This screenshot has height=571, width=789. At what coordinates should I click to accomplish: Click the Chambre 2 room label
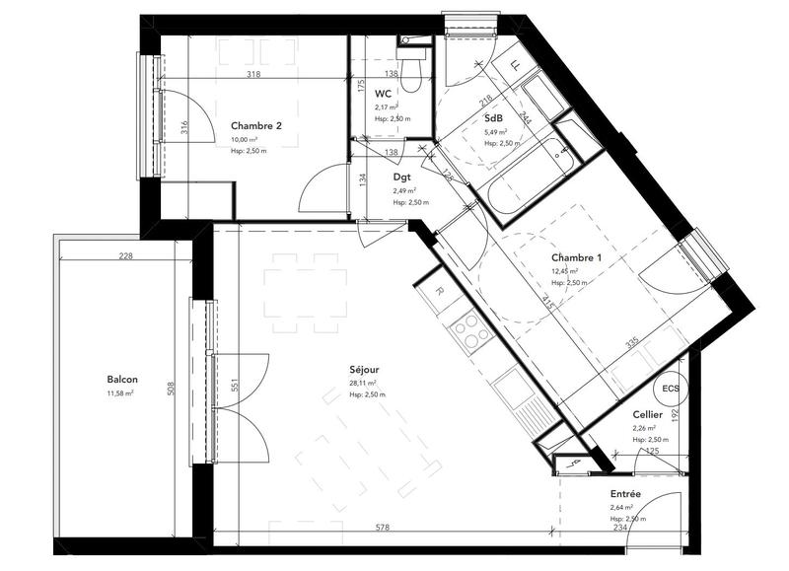(256, 125)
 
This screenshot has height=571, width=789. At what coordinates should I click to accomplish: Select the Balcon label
(122, 380)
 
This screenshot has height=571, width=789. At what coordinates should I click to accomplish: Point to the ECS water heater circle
(671, 389)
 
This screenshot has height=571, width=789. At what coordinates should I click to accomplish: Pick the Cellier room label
(648, 415)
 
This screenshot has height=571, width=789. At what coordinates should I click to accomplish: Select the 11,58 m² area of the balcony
(119, 393)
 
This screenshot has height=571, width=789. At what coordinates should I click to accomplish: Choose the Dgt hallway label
(401, 178)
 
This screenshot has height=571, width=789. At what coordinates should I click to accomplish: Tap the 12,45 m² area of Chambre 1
(564, 270)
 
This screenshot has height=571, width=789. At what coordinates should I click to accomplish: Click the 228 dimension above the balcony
(125, 256)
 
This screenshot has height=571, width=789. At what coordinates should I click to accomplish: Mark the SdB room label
(493, 118)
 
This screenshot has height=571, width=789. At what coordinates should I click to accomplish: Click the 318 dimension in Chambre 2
(253, 74)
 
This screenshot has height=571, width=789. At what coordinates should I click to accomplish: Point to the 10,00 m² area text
(244, 139)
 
